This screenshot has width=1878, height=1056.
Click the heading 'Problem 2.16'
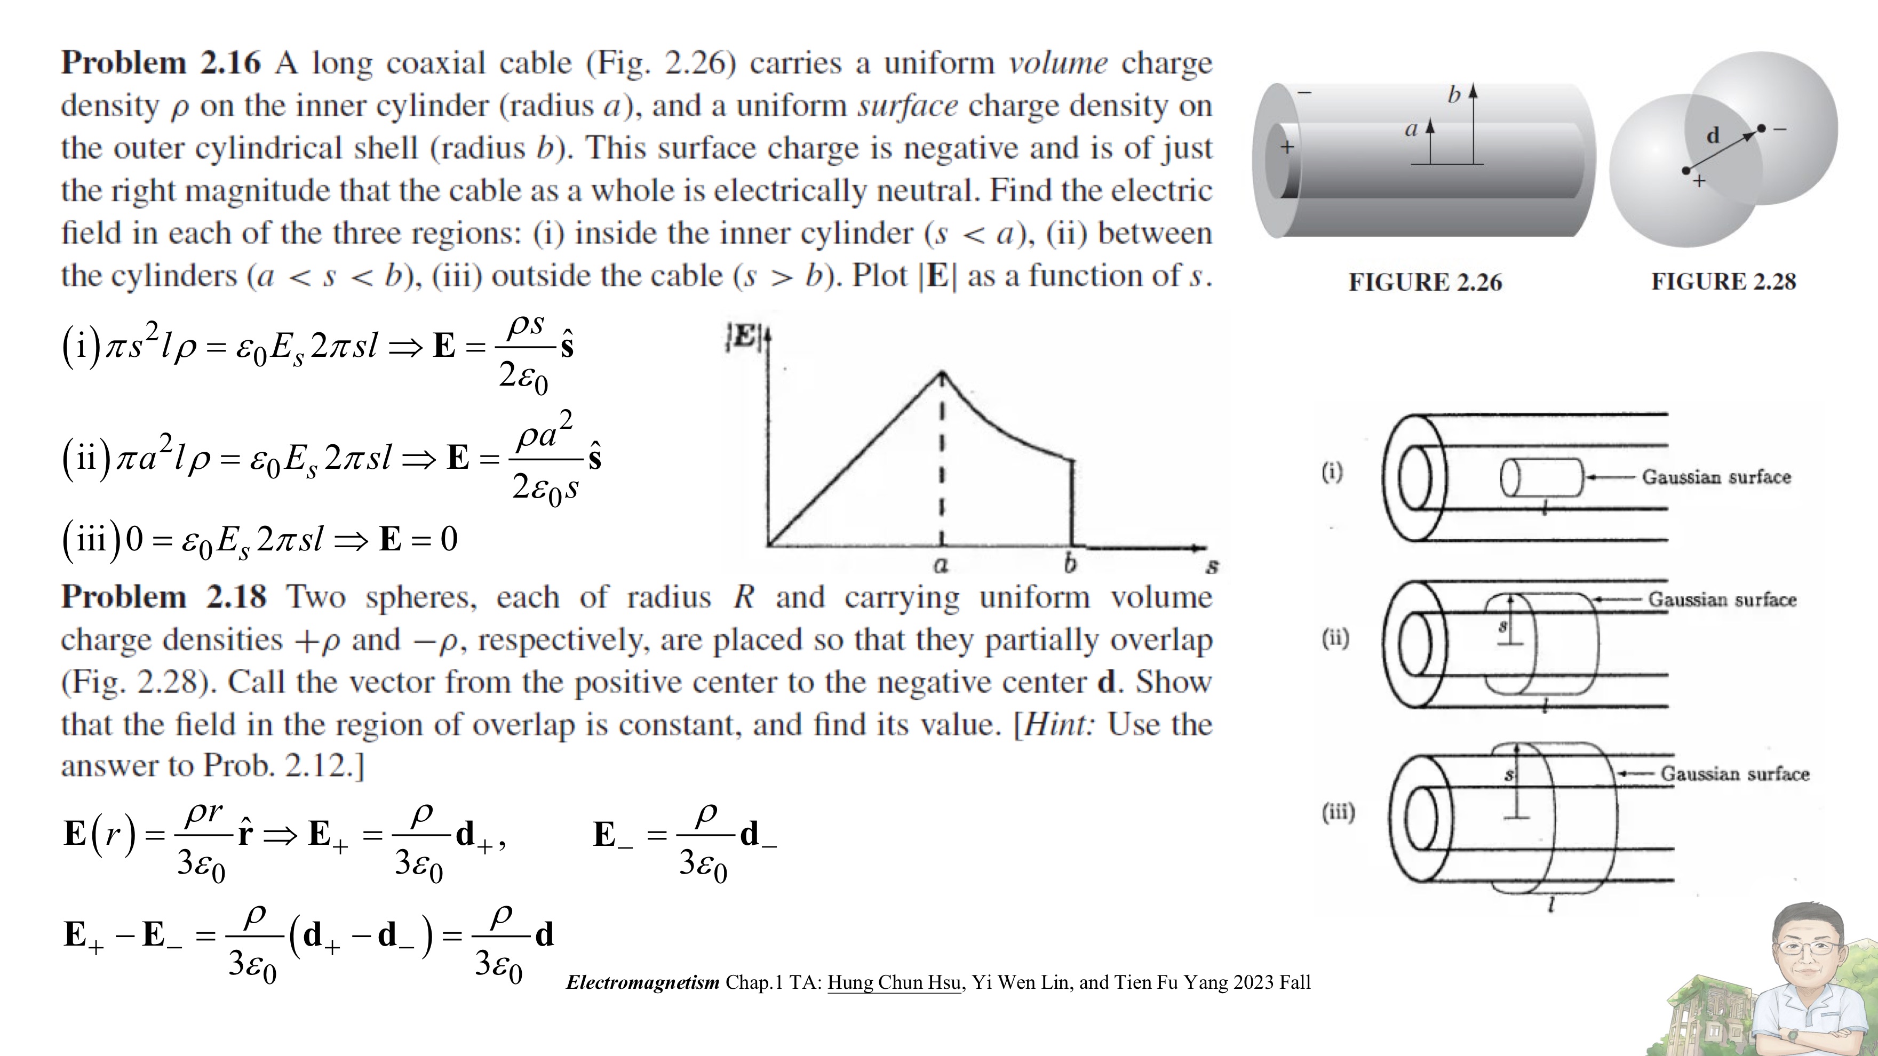161,63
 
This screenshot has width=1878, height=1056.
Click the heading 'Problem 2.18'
163,597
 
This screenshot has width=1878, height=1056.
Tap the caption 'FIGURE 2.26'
1425,282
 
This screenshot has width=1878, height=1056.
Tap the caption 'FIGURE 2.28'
1723,281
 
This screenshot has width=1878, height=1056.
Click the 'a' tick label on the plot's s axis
941,565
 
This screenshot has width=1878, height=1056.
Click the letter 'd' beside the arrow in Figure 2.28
1713,135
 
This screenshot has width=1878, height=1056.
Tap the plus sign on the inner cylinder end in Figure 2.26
1287,147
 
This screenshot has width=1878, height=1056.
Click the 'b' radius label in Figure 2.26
1454,95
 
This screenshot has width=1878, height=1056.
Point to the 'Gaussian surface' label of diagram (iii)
1734,774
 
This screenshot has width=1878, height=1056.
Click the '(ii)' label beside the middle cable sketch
1335,638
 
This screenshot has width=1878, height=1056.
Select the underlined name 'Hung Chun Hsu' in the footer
894,982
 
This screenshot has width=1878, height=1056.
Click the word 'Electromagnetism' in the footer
642,982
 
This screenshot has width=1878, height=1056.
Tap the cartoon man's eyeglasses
1807,947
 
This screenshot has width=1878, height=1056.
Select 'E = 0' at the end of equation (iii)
418,539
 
